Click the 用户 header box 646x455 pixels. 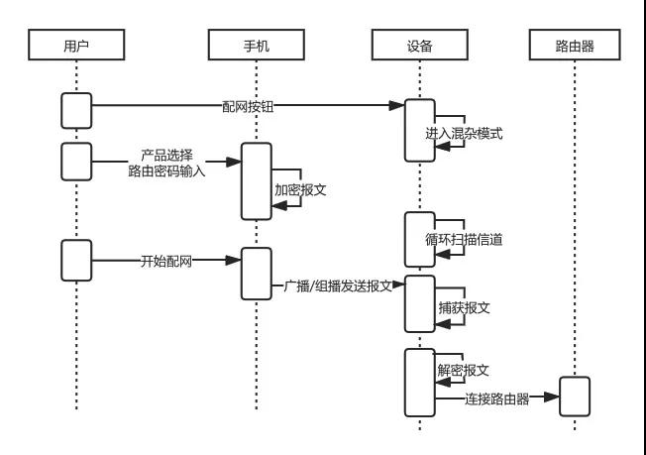coord(76,45)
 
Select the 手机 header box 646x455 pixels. coord(257,45)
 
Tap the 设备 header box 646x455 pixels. coord(420,45)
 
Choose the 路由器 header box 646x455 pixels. coord(575,45)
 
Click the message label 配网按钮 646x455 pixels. coord(248,106)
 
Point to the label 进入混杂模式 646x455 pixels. coord(464,134)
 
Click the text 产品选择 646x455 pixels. coord(166,156)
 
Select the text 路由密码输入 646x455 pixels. coord(166,171)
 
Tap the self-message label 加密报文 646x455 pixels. coord(300,190)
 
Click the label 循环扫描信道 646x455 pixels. coord(464,240)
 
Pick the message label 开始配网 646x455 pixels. coord(166,261)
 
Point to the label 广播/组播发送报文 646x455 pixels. coord(338,286)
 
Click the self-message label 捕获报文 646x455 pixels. coord(464,308)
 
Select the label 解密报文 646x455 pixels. coord(463,370)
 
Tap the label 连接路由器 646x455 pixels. coord(497,398)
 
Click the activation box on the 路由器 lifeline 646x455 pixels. coord(575,397)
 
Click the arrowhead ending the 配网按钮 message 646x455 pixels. coord(396,105)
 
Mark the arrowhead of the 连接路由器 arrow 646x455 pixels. coord(552,398)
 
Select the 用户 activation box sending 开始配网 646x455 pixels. coord(76,261)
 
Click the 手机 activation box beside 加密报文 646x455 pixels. coord(257,181)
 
